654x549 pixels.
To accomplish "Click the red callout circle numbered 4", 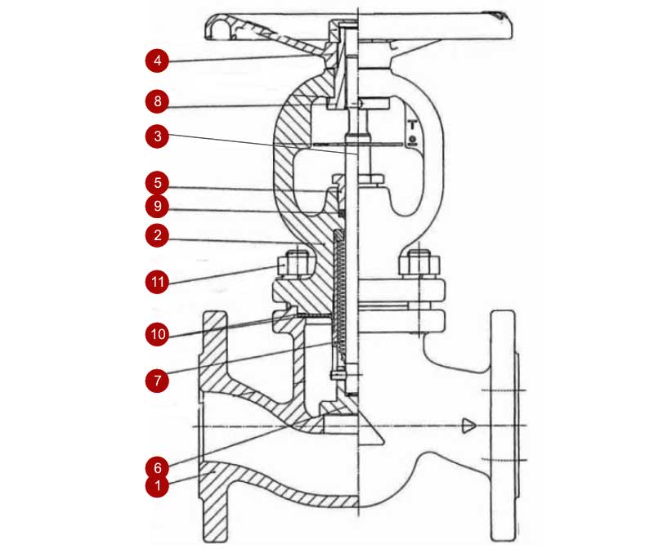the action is click(157, 60).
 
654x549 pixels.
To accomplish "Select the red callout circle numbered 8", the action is click(157, 100).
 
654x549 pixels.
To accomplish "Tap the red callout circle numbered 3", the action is click(157, 136).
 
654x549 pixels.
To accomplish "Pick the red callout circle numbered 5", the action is click(157, 182).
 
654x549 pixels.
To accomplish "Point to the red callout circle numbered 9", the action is click(157, 206).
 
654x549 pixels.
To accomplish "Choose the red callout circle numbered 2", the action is click(157, 235).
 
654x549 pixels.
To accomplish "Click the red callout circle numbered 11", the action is click(157, 282).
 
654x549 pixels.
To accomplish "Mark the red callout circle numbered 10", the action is click(157, 334).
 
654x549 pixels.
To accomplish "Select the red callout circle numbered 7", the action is click(157, 380).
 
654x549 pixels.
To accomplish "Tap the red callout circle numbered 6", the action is click(157, 468).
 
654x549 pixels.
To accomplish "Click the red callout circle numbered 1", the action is click(157, 485).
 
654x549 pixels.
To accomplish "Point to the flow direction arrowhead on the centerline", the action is click(468, 426).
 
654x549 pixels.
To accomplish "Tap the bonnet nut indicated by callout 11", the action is click(297, 264).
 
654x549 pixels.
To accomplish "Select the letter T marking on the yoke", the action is click(413, 125).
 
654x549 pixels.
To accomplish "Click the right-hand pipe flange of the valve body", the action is click(504, 426).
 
